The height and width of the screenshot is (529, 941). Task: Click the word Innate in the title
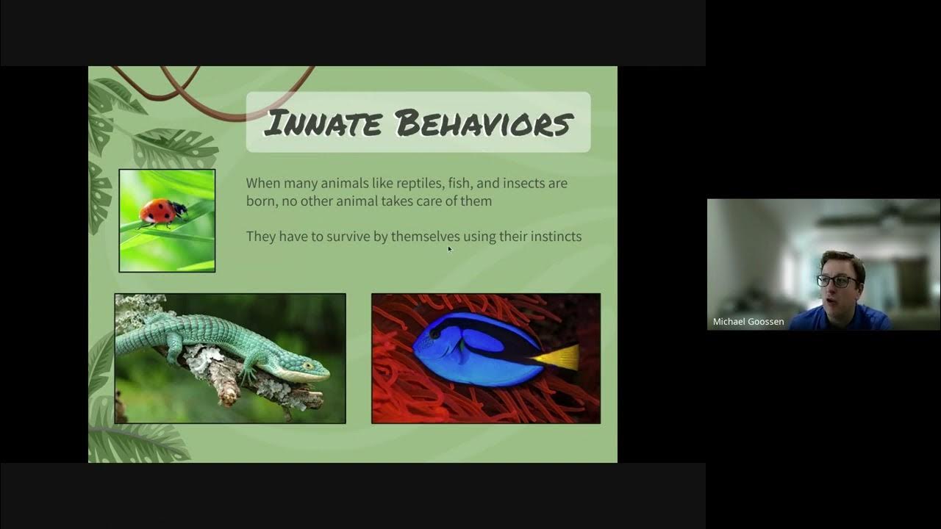323,123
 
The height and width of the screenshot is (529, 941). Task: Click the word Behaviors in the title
484,123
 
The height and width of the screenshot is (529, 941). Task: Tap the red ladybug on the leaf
161,212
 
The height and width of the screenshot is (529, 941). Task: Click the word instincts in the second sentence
551,236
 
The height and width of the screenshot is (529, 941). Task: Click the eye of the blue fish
436,332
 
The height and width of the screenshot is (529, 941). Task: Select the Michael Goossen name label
748,322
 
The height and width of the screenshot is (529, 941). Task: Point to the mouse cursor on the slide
449,249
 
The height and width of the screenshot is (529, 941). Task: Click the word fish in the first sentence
450,183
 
